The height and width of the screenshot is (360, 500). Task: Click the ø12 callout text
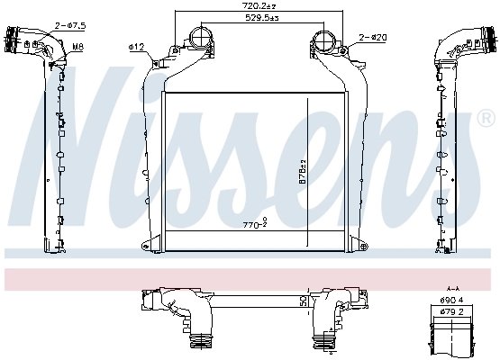(137, 45)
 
